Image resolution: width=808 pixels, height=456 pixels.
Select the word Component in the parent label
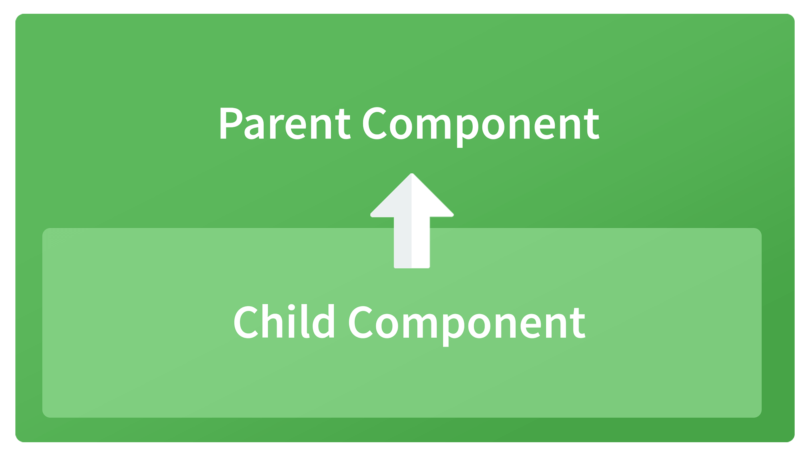click(x=481, y=126)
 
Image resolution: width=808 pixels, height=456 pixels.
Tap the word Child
click(x=284, y=322)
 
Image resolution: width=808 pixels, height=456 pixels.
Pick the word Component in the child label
click(x=467, y=325)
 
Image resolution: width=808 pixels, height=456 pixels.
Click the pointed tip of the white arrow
click(x=412, y=174)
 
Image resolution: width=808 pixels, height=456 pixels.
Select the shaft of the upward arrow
click(x=412, y=242)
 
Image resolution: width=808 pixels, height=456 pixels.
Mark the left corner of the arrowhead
click(x=371, y=215)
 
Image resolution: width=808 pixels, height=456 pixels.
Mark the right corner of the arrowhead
click(x=453, y=215)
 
